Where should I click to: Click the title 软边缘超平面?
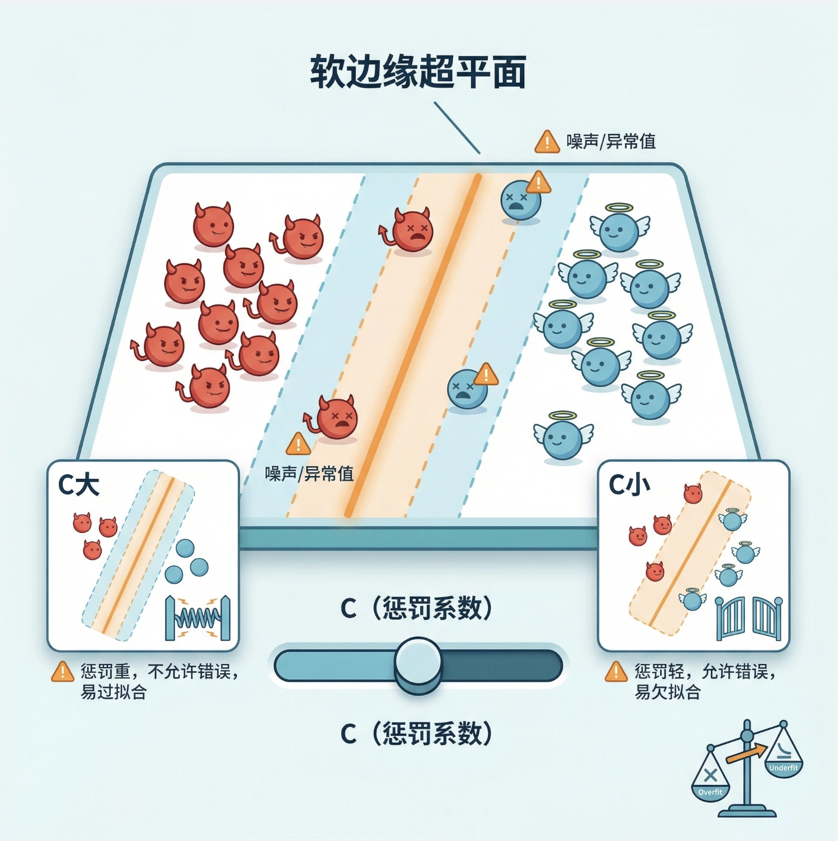point(418,72)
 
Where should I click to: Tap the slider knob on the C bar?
point(418,664)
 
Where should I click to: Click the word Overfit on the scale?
point(710,793)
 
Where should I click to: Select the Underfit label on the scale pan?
point(783,768)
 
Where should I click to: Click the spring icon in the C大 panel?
point(197,619)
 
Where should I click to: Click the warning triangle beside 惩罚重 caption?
point(63,672)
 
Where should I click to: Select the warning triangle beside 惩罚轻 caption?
point(616,672)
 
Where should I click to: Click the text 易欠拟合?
point(667,692)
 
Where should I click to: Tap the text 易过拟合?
point(113,692)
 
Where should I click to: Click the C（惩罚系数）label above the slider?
point(417,609)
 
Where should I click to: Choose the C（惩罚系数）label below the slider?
point(417,734)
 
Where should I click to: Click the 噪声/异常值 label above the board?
point(611,142)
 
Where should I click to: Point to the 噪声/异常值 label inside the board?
point(309,473)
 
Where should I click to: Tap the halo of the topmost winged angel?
point(619,208)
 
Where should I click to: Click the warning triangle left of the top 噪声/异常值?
point(547,142)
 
